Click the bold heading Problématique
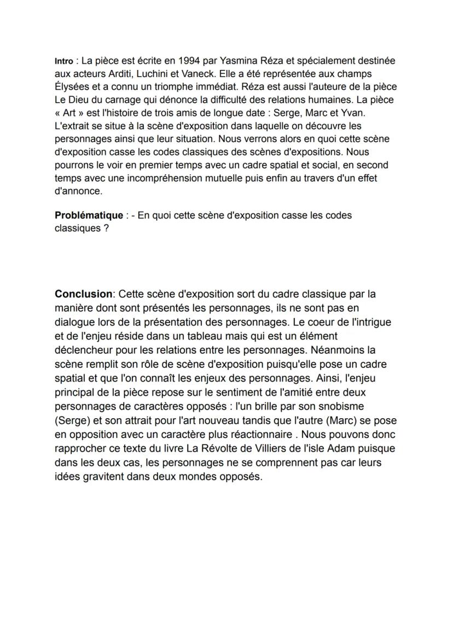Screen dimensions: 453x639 coord(89,215)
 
